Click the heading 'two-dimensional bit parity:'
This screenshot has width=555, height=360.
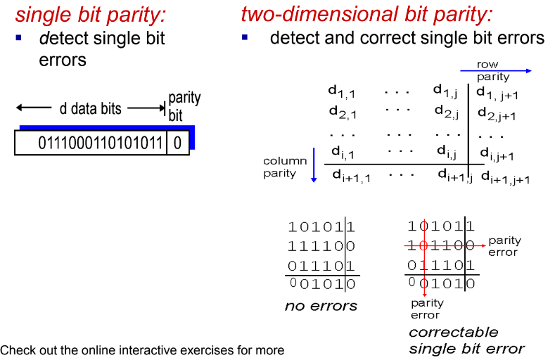pos(366,13)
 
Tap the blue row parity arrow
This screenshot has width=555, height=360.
pos(495,71)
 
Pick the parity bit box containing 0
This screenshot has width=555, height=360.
pos(177,143)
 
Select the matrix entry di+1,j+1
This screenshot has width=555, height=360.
pos(505,178)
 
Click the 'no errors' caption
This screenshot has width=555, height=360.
pos(321,305)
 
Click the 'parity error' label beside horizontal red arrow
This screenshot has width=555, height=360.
pos(504,247)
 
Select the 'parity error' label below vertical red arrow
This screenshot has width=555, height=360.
pos(427,309)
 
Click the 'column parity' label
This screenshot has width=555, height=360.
pos(285,167)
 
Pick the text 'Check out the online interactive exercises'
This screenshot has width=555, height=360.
pos(142,350)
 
